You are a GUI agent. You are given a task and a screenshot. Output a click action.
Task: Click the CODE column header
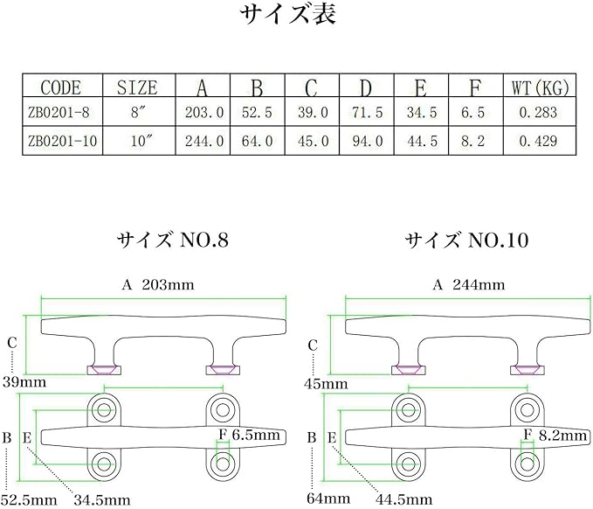pos(61,87)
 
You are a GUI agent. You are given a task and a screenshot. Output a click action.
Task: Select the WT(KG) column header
pos(537,87)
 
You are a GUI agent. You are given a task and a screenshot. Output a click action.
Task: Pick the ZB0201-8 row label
pos(60,113)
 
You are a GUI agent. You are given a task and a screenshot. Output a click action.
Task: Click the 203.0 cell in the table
pos(205,113)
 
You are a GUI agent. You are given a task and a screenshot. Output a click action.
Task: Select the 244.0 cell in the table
pos(205,140)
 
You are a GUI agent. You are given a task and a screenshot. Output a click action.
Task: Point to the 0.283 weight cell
pos(537,113)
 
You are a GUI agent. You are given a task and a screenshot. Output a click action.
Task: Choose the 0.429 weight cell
pos(537,140)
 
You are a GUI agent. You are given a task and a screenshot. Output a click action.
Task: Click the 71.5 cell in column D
pos(368,113)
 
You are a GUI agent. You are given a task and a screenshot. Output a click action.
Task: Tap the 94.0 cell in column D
pos(368,140)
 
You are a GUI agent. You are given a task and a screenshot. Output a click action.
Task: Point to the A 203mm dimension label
pos(158,284)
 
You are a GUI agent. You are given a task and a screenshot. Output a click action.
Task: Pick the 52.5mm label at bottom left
pos(27,499)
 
